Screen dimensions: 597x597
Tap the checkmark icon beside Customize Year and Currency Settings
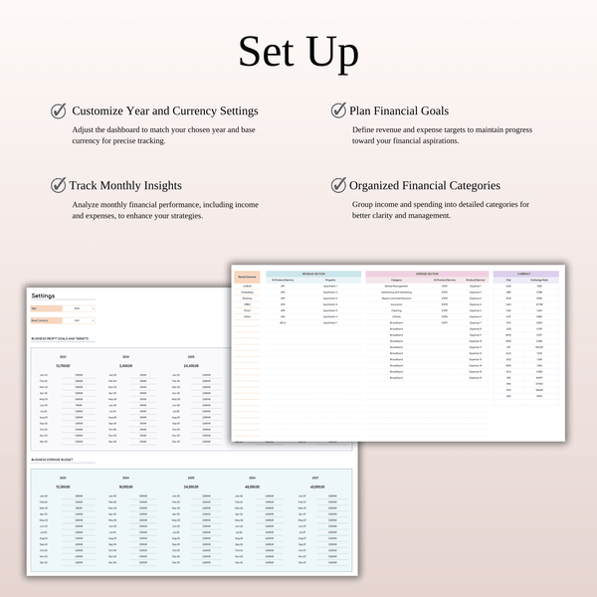point(59,110)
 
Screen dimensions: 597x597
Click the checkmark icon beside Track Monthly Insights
point(59,185)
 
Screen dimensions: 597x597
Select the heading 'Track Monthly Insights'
point(125,185)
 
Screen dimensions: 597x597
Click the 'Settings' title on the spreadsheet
point(44,296)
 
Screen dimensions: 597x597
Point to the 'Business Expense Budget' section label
point(55,460)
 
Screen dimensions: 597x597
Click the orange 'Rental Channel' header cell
point(247,276)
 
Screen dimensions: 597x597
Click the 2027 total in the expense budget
point(316,487)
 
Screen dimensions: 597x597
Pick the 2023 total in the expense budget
point(63,487)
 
